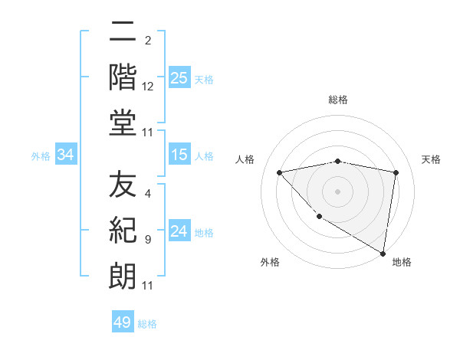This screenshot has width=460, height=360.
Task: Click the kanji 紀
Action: click(x=123, y=231)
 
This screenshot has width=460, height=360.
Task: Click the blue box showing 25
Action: click(x=179, y=77)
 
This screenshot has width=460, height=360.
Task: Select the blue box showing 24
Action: click(x=179, y=232)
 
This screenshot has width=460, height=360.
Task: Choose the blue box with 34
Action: click(x=66, y=155)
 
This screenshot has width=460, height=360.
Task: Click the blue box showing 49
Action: click(x=123, y=322)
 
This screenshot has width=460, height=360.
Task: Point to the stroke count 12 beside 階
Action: click(x=148, y=88)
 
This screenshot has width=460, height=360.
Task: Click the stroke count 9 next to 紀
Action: click(x=147, y=240)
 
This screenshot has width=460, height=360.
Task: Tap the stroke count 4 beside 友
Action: click(x=147, y=195)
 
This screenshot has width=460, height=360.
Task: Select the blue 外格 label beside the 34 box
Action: click(x=41, y=156)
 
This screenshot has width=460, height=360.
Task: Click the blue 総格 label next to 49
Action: click(x=147, y=324)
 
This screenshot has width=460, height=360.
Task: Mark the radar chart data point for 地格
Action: click(x=383, y=253)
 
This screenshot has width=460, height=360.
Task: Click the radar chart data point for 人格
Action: click(x=279, y=172)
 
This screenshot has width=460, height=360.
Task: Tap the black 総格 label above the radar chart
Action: click(x=337, y=100)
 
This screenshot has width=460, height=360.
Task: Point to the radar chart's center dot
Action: click(x=337, y=191)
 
